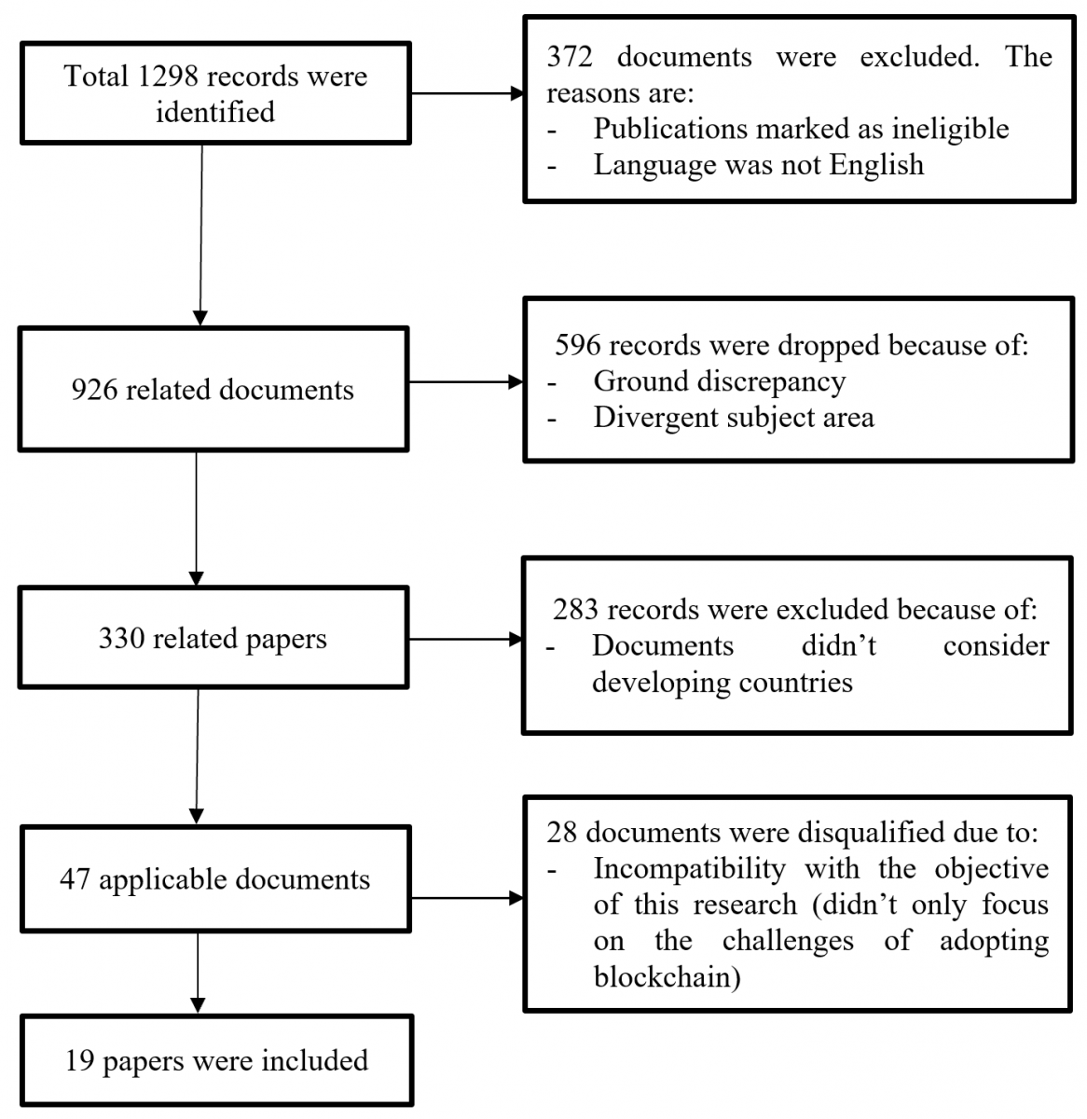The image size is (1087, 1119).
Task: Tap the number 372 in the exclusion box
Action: pyautogui.click(x=569, y=56)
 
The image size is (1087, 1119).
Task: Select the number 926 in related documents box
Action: pyautogui.click(x=94, y=390)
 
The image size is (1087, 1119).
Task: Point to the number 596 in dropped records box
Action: pyautogui.click(x=577, y=345)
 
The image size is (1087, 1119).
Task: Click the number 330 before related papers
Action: pyautogui.click(x=120, y=638)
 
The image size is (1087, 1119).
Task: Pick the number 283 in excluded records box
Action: pyautogui.click(x=575, y=610)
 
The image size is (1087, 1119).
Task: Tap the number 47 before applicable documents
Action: pyautogui.click(x=75, y=879)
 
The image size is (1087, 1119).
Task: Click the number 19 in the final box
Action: pyautogui.click(x=80, y=1060)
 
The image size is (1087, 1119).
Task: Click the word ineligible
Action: pyautogui.click(x=950, y=130)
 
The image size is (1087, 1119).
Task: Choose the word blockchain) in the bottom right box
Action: pyautogui.click(x=667, y=976)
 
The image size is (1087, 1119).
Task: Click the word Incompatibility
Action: pyautogui.click(x=689, y=869)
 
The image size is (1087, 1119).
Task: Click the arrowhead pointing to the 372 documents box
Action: pyautogui.click(x=517, y=93)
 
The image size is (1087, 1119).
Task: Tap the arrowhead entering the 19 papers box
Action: pyautogui.click(x=197, y=1004)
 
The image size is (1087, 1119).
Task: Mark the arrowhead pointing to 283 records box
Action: pyautogui.click(x=516, y=639)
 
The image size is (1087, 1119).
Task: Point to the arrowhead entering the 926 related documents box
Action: pyautogui.click(x=200, y=319)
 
